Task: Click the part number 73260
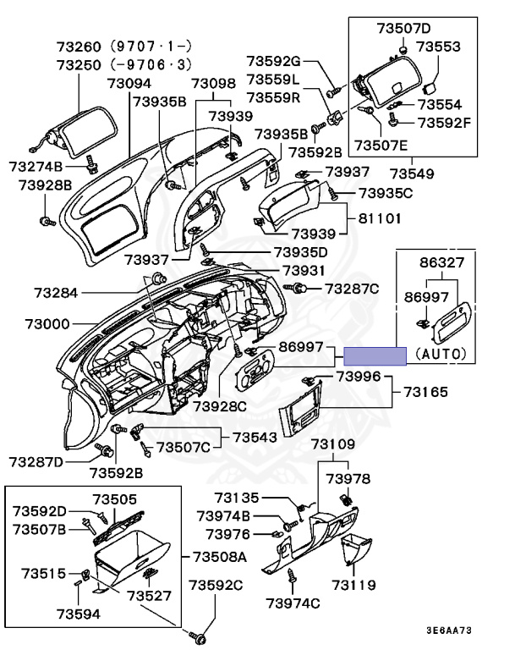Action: pyautogui.click(x=79, y=46)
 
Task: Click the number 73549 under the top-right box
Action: pyautogui.click(x=412, y=174)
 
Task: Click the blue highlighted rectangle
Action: pyautogui.click(x=375, y=355)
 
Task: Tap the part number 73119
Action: pyautogui.click(x=354, y=585)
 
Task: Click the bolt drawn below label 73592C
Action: pyautogui.click(x=200, y=635)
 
